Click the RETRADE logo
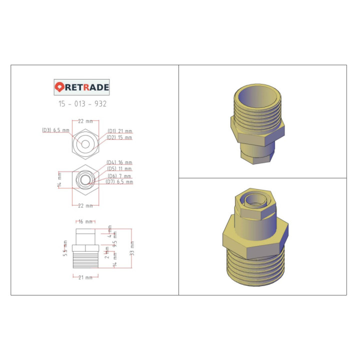click(x=81, y=87)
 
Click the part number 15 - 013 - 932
click(x=82, y=104)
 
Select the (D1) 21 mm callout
click(x=120, y=131)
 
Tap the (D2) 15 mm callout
click(x=120, y=137)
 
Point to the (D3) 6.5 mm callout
click(x=55, y=130)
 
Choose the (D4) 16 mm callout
click(x=119, y=162)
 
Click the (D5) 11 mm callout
click(x=119, y=169)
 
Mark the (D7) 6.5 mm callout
click(x=119, y=182)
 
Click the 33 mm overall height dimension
click(x=132, y=248)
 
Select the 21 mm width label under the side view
click(x=85, y=277)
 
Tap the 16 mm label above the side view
click(x=85, y=221)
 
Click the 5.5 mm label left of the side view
click(x=65, y=248)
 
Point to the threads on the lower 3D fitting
click(x=255, y=270)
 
